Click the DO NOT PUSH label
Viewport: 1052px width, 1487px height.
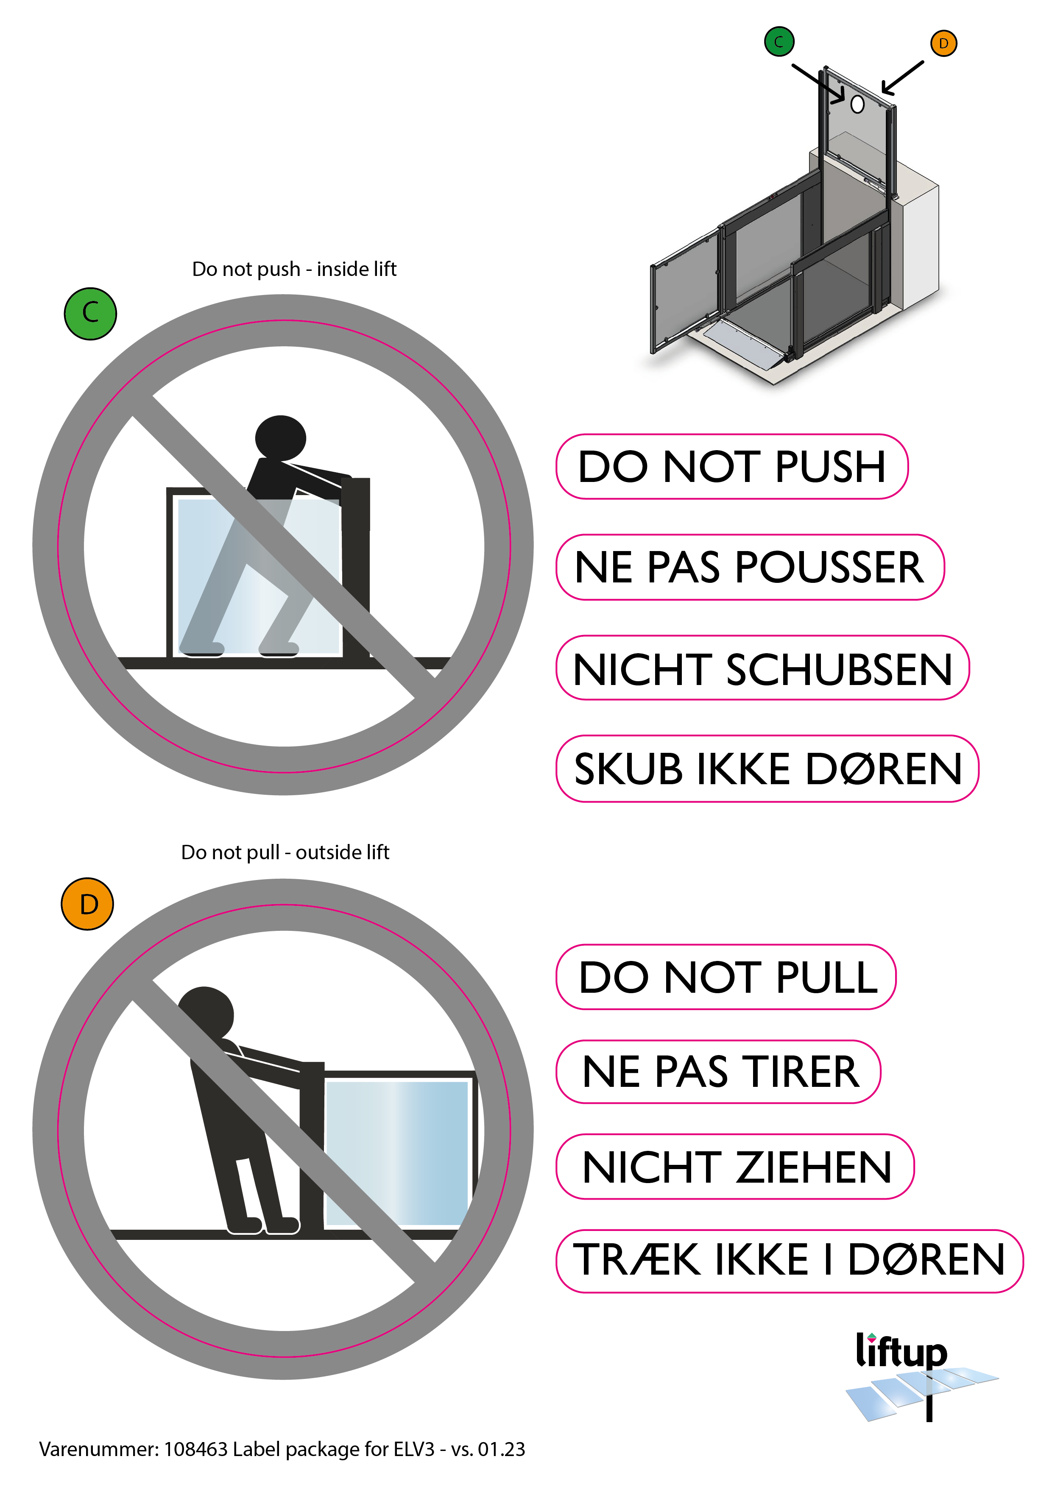732,466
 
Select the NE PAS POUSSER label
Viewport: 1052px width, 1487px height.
750,567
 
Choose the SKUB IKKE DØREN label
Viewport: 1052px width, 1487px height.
767,769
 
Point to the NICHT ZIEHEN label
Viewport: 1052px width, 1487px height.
735,1167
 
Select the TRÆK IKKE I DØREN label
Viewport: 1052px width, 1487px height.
790,1261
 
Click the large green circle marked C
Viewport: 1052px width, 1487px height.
90,313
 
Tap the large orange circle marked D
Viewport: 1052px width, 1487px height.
87,904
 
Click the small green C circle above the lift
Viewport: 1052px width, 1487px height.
779,42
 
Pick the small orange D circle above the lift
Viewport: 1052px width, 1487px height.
944,43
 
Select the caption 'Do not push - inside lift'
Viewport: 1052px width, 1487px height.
294,269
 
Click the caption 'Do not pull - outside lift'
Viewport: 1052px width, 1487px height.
285,852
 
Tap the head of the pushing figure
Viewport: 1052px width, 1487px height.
280,438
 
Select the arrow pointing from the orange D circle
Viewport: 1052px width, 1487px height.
902,78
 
